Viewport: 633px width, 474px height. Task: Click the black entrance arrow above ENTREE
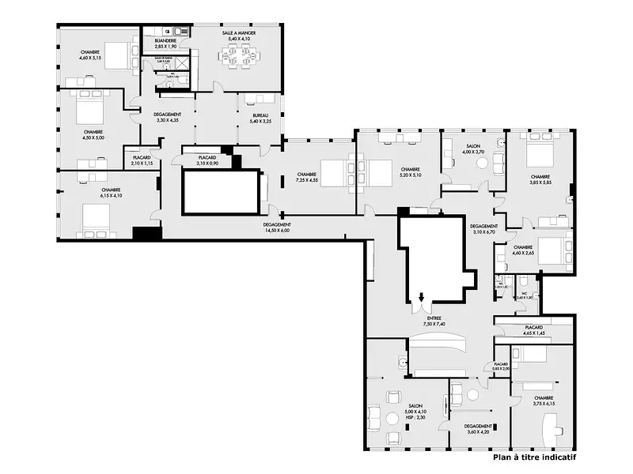coord(422,298)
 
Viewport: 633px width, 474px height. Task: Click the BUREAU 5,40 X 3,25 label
coord(260,118)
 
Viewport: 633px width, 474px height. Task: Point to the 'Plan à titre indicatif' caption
coord(533,457)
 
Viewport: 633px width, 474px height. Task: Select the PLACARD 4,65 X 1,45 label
coord(533,330)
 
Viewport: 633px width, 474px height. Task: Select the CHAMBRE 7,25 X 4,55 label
coord(307,177)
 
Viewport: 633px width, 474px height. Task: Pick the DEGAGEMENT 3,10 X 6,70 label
coord(483,229)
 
